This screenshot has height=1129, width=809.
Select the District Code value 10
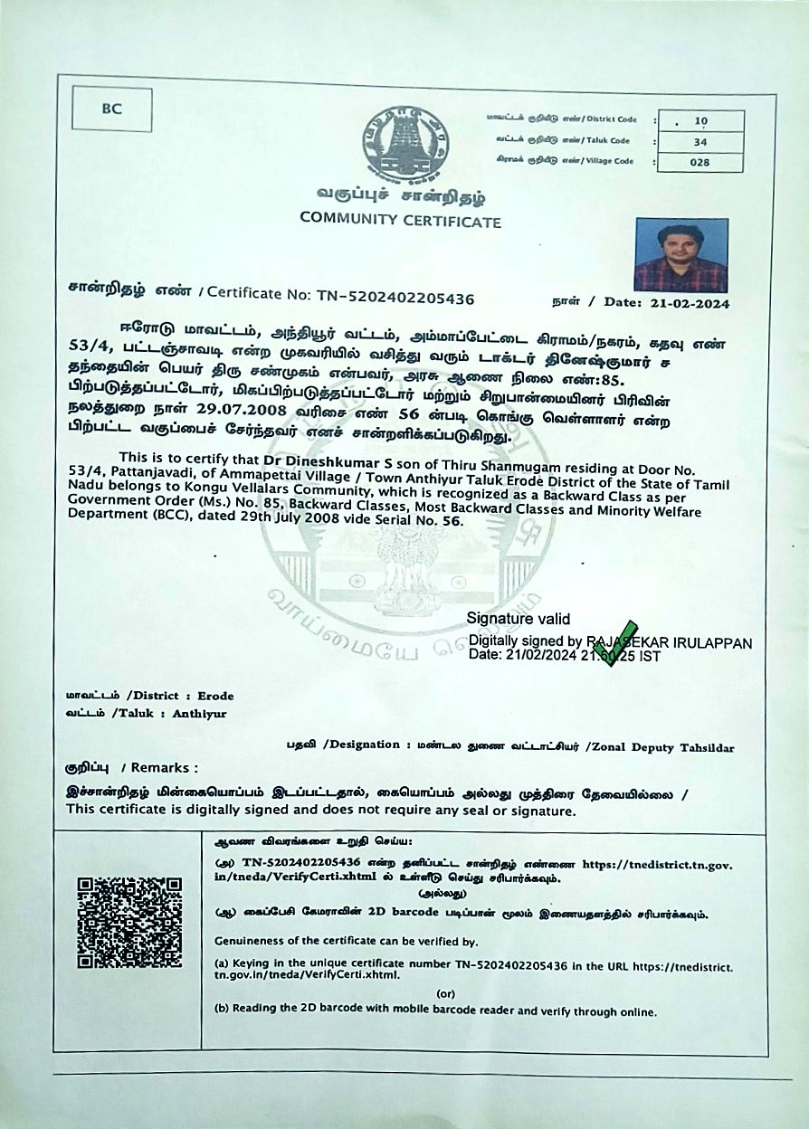click(700, 120)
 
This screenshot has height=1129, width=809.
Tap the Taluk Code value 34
click(700, 141)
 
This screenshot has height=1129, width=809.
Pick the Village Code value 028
click(700, 162)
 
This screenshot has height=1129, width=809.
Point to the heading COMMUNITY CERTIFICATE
click(400, 219)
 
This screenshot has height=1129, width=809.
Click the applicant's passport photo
click(681, 255)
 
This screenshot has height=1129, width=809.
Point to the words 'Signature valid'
click(519, 619)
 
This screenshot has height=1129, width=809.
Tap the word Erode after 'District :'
click(215, 696)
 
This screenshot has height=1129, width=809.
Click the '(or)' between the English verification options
click(444, 992)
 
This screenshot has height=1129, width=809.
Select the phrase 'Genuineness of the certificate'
click(299, 942)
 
